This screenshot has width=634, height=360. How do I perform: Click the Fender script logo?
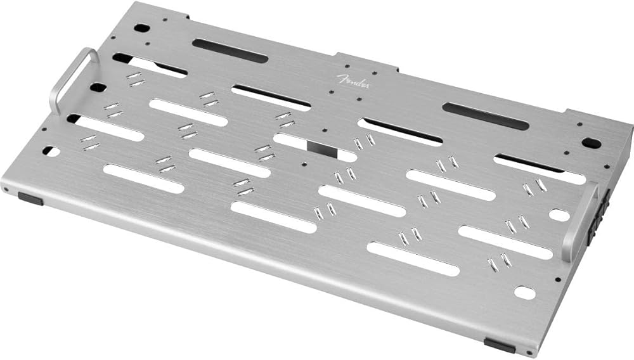pyautogui.click(x=353, y=81)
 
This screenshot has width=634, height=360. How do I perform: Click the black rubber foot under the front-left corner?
pyautogui.click(x=30, y=199)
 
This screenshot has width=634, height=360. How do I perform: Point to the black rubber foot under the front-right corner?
pyautogui.click(x=500, y=345)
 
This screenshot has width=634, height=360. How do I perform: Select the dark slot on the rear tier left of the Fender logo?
pyautogui.click(x=230, y=51)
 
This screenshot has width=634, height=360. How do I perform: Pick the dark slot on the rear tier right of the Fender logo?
pyautogui.click(x=485, y=116)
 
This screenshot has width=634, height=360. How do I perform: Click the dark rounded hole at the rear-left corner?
pyautogui.click(x=142, y=29)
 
